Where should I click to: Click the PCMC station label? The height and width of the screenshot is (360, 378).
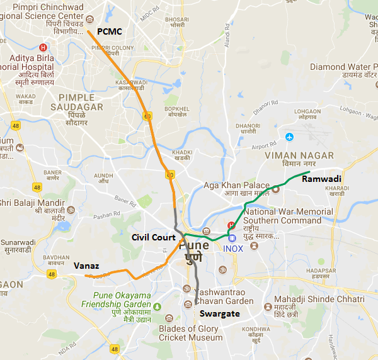pos(110,31)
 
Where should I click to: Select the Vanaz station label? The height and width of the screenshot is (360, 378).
pos(85,266)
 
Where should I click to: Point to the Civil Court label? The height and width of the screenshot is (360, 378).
pos(153,238)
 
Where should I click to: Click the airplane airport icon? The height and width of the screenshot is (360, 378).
pos(289,137)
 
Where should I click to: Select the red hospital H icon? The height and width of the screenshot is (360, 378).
pos(43,47)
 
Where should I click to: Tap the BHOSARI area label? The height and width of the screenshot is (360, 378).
pos(176,20)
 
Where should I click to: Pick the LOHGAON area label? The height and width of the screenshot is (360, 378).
pos(307,111)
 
